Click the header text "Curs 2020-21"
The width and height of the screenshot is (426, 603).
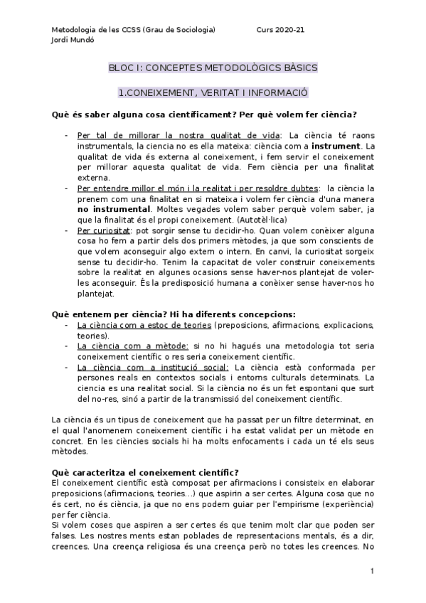tap(280, 31)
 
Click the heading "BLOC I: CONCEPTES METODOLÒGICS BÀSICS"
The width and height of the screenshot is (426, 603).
tap(213, 68)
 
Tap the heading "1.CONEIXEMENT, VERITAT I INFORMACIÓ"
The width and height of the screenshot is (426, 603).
tap(213, 93)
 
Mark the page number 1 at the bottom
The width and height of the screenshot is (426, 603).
tap(371, 571)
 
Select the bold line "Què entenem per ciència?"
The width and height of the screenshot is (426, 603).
tap(107, 314)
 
